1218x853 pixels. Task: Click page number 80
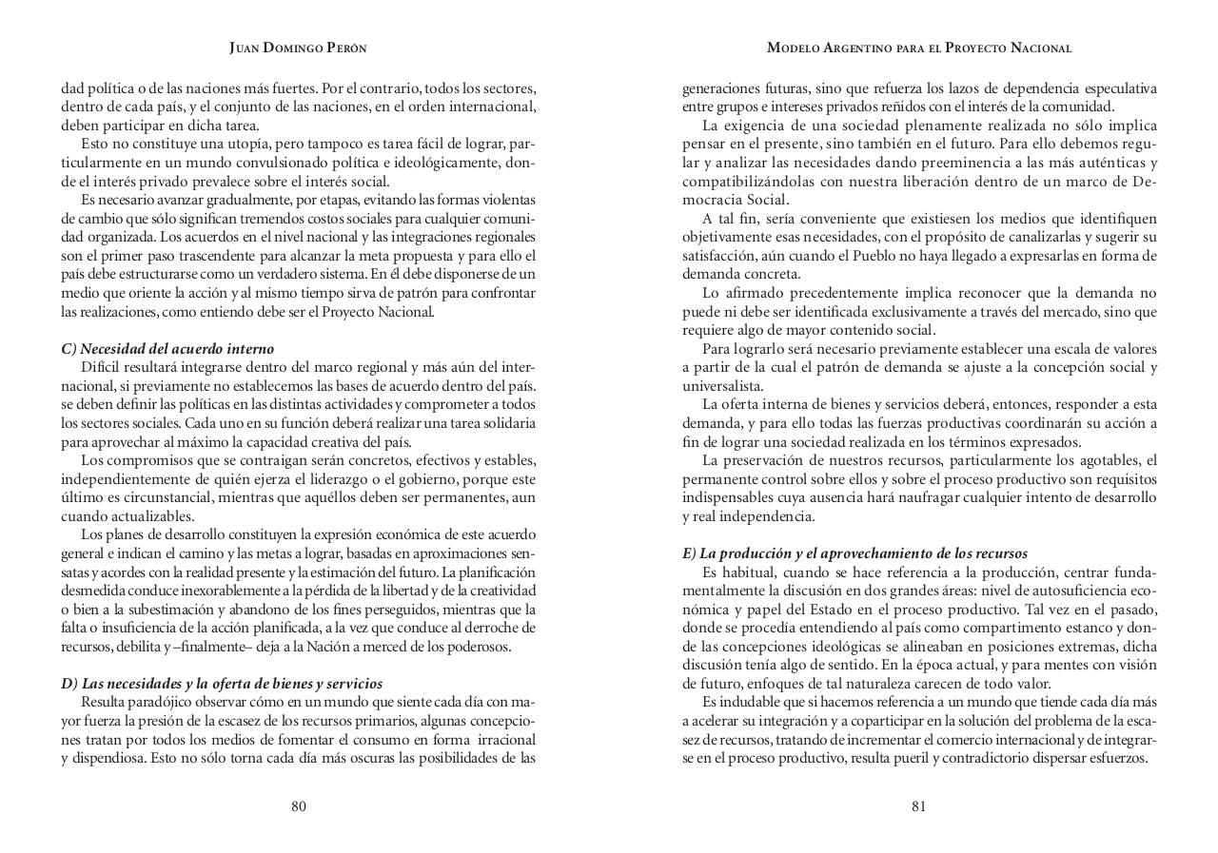(x=299, y=806)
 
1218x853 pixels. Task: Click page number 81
(x=918, y=806)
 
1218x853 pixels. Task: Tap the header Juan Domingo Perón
(x=298, y=48)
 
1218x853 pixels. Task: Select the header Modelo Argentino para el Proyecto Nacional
(x=919, y=48)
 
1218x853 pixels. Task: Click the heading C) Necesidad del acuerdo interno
(x=167, y=349)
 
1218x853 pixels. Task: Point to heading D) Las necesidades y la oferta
(x=222, y=684)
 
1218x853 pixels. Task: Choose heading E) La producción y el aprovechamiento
(x=855, y=553)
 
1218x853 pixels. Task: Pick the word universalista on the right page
(x=720, y=386)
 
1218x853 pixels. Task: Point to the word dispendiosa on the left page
(x=103, y=758)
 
